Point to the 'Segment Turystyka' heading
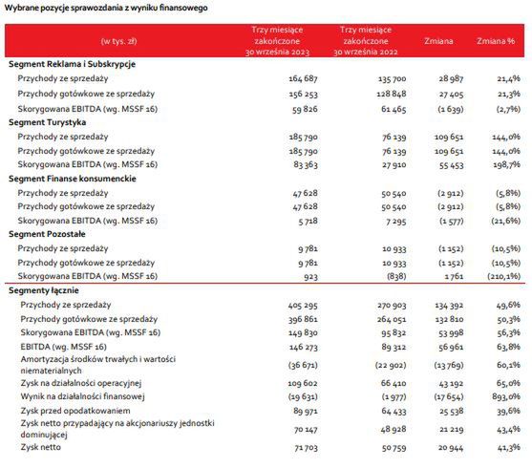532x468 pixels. (x=48, y=123)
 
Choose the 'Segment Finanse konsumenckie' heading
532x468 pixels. (x=72, y=179)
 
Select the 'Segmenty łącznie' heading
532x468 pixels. (x=44, y=288)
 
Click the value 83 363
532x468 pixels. (x=275, y=164)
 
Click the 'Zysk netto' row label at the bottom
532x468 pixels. (x=43, y=447)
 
